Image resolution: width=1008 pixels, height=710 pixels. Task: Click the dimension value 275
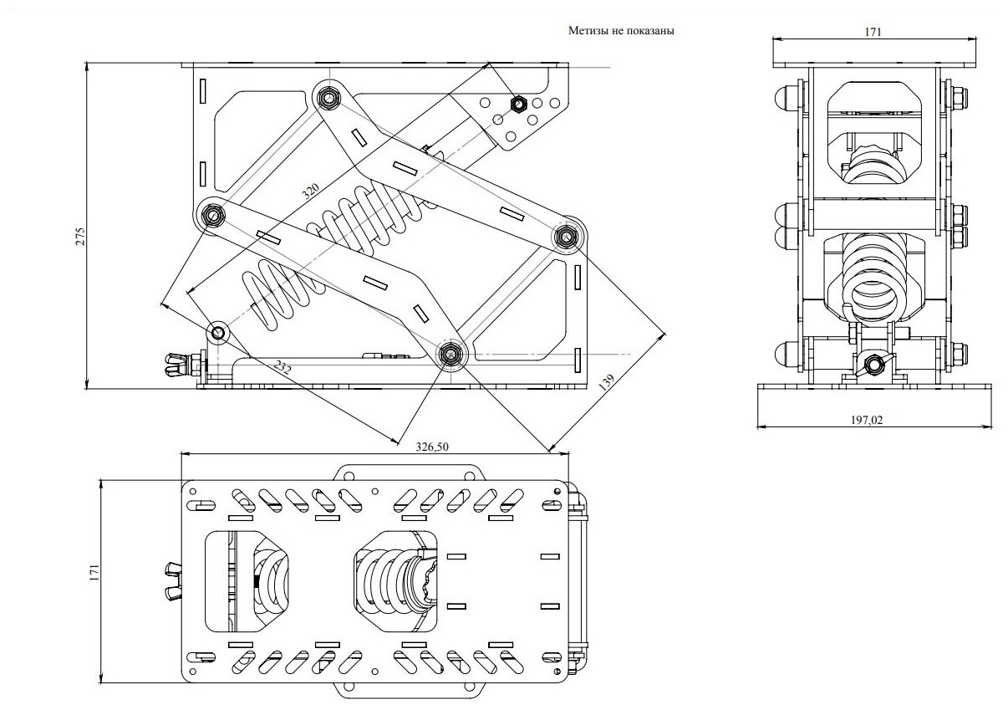[x=79, y=237]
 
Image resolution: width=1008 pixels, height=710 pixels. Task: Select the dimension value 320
[x=310, y=191]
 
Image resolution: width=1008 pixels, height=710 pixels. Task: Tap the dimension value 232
[x=283, y=367]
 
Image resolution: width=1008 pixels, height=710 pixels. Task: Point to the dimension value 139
[x=606, y=382]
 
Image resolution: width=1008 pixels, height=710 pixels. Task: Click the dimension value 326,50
[x=432, y=447]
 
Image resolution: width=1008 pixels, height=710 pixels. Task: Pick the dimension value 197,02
[x=867, y=420]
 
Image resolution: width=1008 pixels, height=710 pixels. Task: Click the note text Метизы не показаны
[x=621, y=31]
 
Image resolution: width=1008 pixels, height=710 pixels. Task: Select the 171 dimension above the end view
[x=873, y=32]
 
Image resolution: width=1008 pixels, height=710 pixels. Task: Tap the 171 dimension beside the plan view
[x=94, y=572]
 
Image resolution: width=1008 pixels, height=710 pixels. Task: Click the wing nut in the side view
[x=177, y=365]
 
